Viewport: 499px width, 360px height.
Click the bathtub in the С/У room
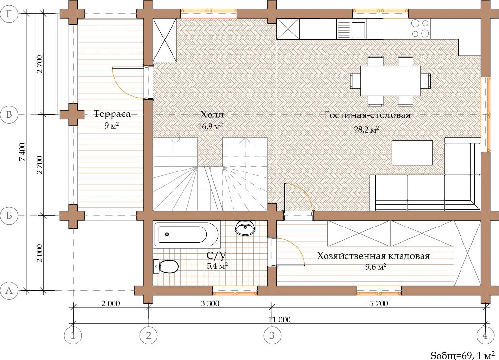point(187,235)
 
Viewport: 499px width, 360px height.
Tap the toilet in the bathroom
point(166,266)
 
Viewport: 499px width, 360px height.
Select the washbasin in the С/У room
point(245,227)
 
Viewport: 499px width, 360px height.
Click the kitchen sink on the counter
point(351,29)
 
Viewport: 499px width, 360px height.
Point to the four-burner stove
point(420,29)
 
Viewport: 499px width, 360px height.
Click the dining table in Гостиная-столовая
point(390,80)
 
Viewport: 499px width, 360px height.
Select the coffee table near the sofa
point(412,152)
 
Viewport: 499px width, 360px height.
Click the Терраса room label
point(112,114)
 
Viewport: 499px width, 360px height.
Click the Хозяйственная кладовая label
point(373,256)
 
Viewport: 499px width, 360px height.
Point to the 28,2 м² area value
point(366,129)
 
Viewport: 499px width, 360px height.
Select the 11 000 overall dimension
point(279,319)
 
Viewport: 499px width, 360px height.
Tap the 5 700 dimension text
point(379,303)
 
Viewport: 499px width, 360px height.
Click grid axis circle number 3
point(272,335)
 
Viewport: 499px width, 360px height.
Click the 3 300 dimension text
point(210,303)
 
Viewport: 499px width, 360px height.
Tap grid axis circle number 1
point(73,335)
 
